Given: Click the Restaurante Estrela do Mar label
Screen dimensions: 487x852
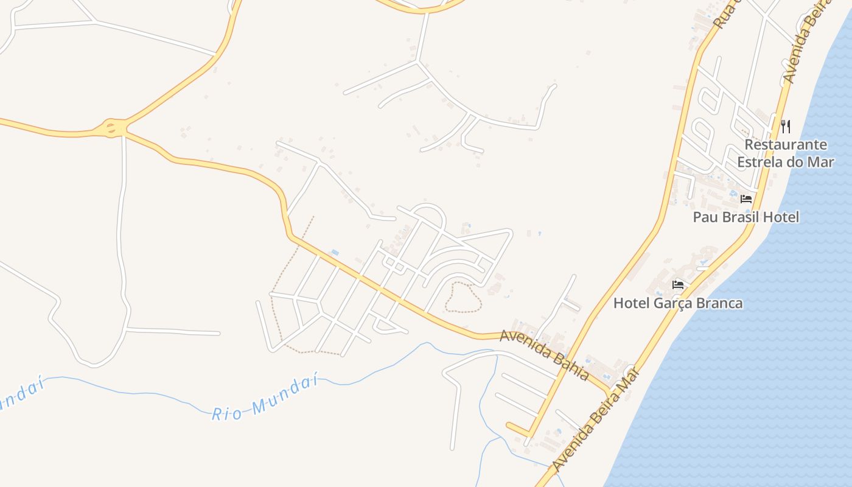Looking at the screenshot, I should click(785, 153).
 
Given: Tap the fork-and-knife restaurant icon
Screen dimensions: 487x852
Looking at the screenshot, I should click(786, 127).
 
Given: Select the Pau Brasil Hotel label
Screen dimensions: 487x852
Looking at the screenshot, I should click(745, 217).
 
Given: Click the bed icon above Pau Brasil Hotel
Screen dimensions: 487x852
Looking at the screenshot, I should click(746, 199).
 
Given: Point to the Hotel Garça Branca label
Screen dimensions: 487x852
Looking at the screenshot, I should click(678, 303).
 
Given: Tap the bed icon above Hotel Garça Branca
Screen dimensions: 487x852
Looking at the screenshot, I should click(678, 284).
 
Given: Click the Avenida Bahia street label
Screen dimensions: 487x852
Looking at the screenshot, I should click(545, 356).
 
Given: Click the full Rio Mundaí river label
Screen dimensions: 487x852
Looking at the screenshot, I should click(265, 399).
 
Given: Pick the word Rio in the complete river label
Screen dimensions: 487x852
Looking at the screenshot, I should click(226, 413).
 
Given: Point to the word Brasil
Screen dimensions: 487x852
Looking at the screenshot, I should click(739, 217).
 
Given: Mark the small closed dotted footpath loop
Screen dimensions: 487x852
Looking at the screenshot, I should click(463, 297).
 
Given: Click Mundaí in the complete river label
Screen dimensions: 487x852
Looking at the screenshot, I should click(284, 393).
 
